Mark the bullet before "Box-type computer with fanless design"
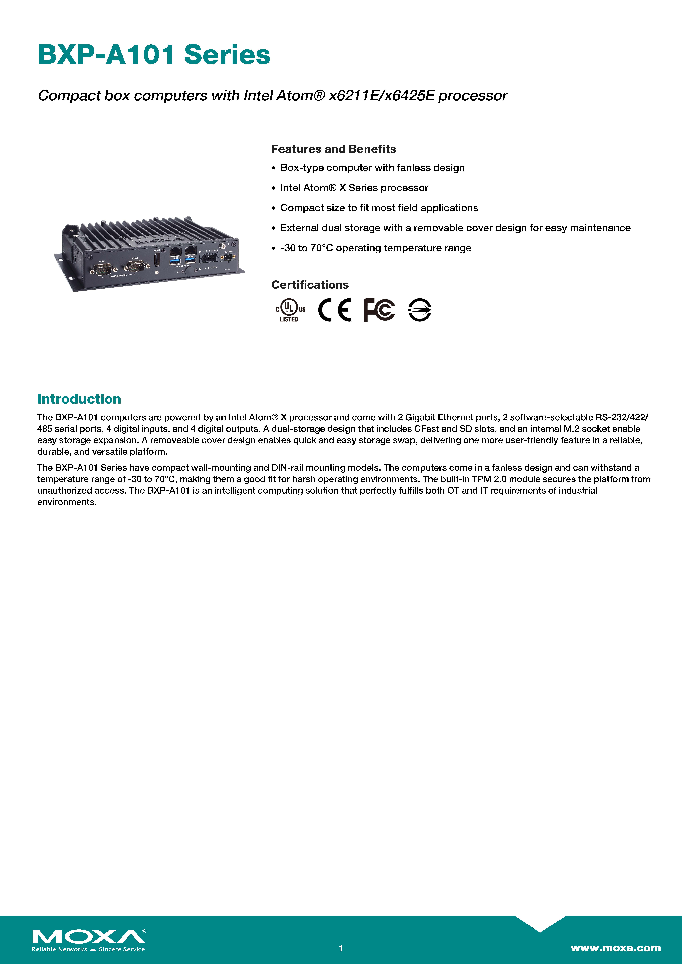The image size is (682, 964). click(274, 168)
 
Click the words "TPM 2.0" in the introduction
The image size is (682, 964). click(488, 479)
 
